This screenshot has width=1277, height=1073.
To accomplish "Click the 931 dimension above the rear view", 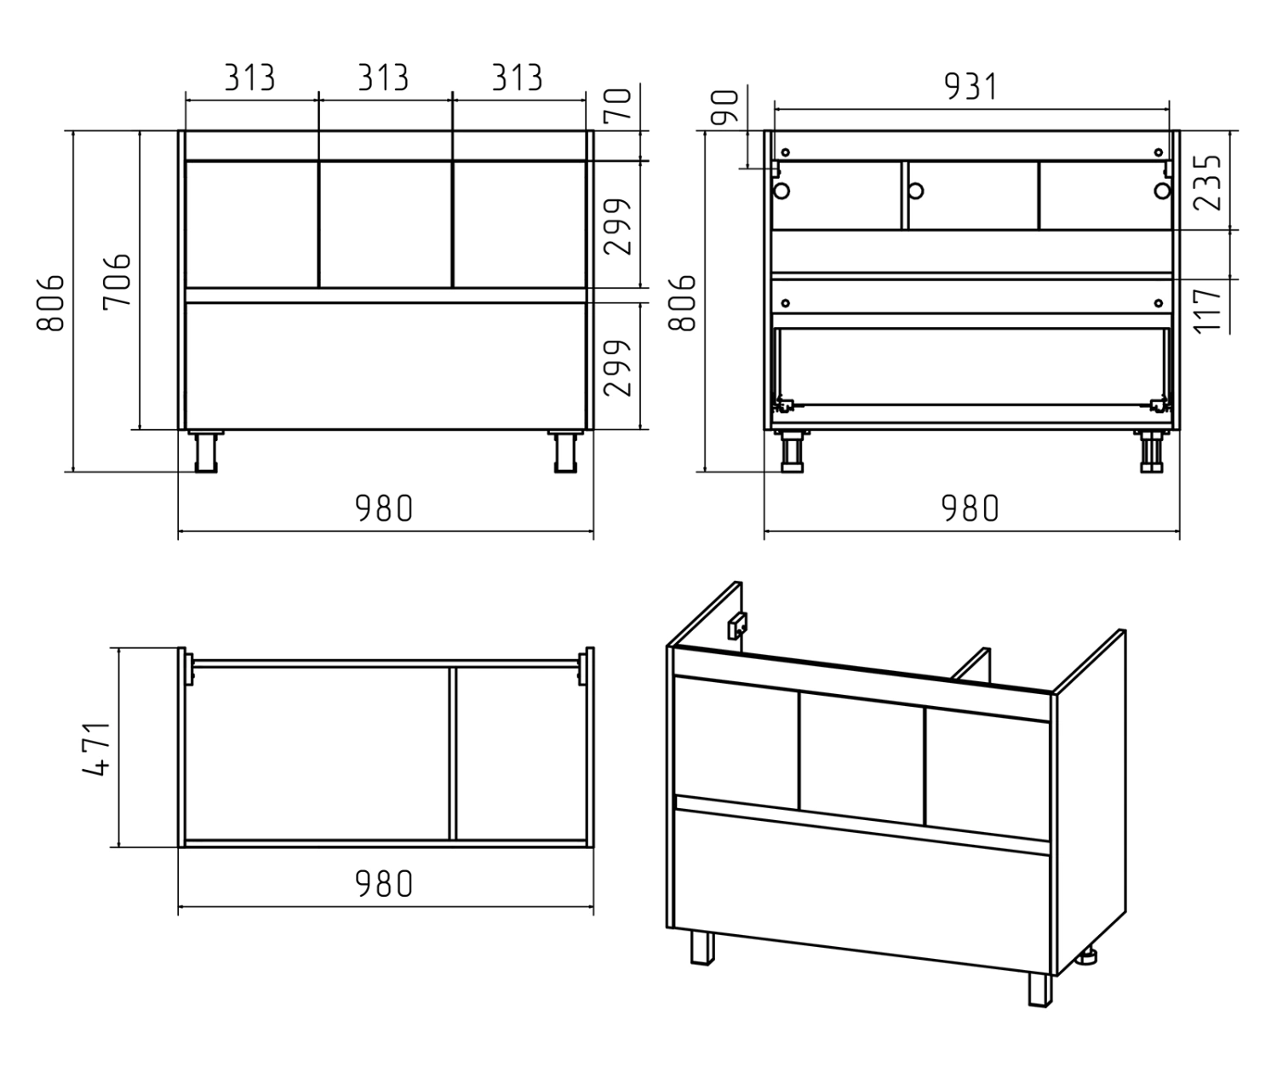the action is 971,86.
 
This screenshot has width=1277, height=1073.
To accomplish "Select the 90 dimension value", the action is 725,107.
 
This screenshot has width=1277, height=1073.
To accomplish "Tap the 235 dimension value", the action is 1207,183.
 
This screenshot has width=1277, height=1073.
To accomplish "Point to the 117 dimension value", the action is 1207,311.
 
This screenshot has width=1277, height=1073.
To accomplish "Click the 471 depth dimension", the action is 97,749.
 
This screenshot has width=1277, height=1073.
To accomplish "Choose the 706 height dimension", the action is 117,279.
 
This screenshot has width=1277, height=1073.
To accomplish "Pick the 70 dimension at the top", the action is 617,106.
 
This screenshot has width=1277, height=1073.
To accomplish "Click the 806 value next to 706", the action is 50,303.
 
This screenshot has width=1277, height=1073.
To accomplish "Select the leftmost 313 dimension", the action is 250,77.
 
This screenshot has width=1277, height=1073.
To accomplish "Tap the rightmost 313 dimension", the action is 518,77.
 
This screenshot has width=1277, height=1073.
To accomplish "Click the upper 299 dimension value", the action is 617,227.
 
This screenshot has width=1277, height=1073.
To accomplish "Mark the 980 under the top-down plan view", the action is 385,884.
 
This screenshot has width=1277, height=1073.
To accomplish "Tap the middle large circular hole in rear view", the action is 915,191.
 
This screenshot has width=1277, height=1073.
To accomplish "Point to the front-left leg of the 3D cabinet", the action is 702,948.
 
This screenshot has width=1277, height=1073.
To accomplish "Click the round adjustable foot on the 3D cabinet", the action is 1087,957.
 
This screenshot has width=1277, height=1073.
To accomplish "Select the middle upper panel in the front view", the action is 386,224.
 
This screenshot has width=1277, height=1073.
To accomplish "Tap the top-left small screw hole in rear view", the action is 786,152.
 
